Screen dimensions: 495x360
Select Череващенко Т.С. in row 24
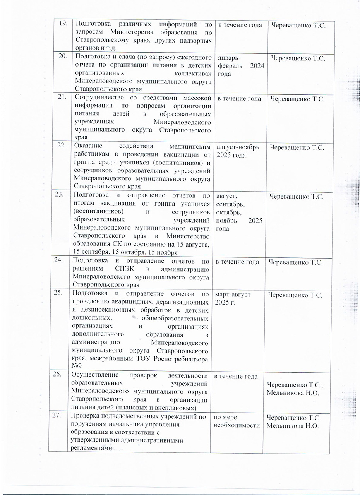pyautogui.click(x=297, y=263)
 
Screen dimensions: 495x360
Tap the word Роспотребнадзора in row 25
pyautogui.click(x=182, y=359)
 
